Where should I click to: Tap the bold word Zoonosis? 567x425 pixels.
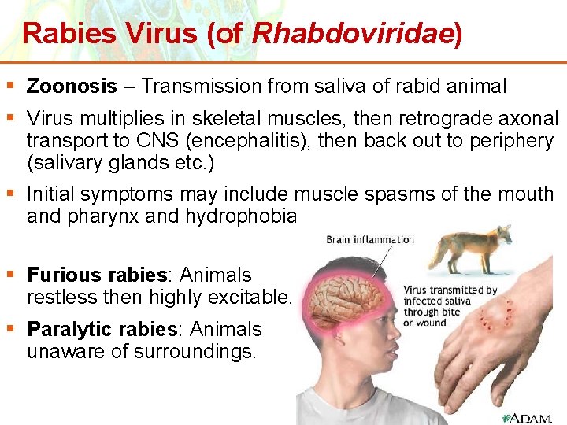tap(72, 87)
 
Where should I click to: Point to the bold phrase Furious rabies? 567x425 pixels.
tap(98, 275)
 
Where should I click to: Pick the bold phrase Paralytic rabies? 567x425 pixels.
tap(102, 329)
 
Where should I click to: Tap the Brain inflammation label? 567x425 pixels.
tap(370, 240)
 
